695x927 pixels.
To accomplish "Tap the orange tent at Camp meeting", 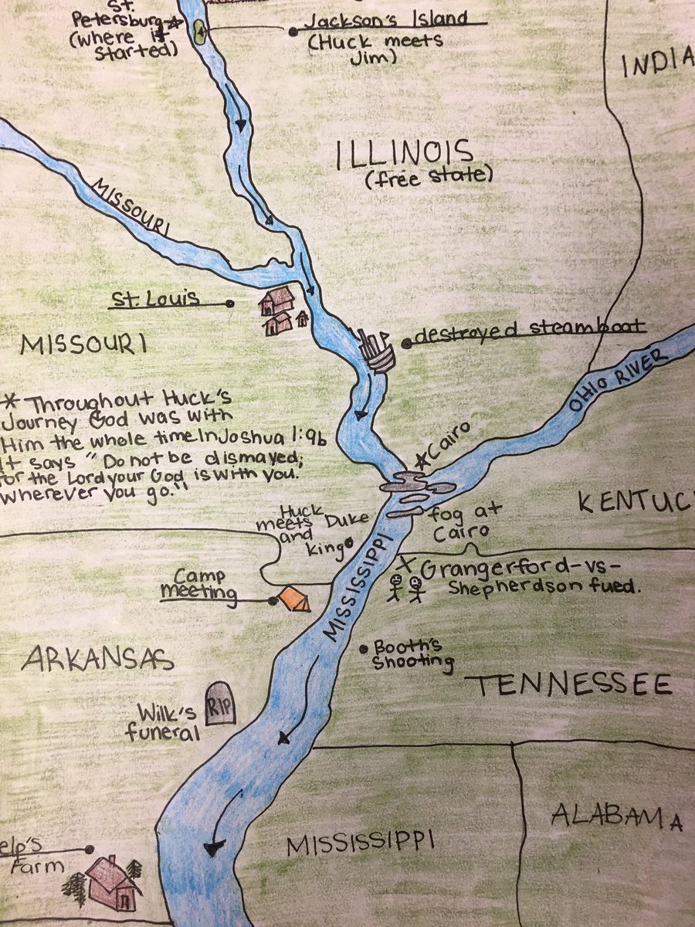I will click(x=294, y=599).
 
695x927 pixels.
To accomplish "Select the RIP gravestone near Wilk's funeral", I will click(x=221, y=703).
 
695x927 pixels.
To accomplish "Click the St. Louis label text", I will click(x=153, y=297).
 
